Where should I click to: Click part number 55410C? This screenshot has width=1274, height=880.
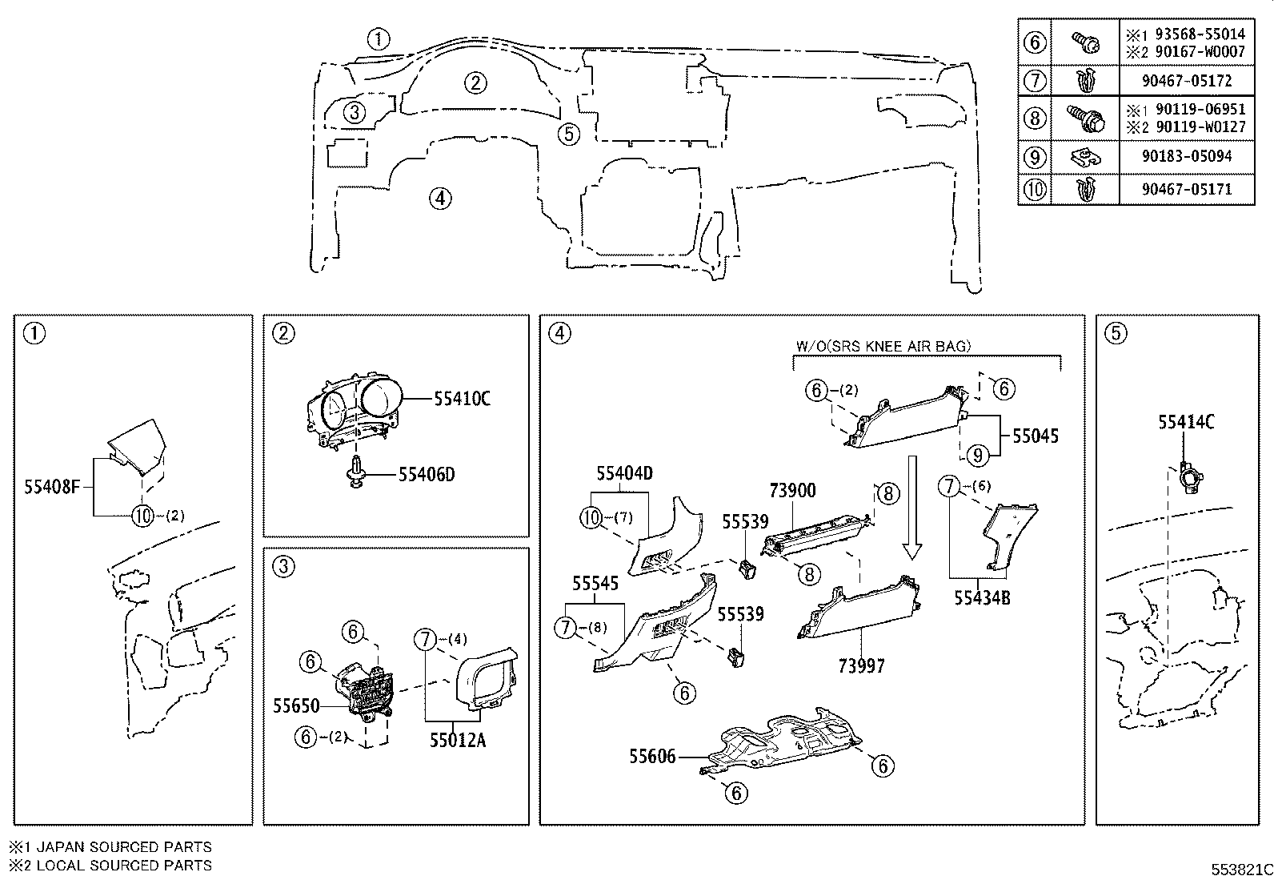462,398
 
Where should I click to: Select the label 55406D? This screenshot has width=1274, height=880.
427,475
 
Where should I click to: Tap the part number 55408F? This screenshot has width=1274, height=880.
52,486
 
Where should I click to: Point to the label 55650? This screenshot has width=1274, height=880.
296,706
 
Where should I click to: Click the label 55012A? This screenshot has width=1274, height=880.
457,741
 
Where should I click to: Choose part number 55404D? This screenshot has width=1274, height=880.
624,474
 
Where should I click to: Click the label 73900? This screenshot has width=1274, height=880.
792,490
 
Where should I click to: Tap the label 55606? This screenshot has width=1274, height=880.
652,756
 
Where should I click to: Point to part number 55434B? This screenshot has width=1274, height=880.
982,597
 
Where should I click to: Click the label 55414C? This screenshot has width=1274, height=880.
1186,422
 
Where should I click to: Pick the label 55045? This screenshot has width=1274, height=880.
1036,436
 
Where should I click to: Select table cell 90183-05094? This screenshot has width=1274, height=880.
1187,156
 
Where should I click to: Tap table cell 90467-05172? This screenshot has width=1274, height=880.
1187,81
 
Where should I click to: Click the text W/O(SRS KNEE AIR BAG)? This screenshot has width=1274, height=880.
883,346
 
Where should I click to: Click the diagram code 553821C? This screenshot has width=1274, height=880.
1241,870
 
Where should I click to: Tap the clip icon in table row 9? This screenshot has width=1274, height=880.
1085,157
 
